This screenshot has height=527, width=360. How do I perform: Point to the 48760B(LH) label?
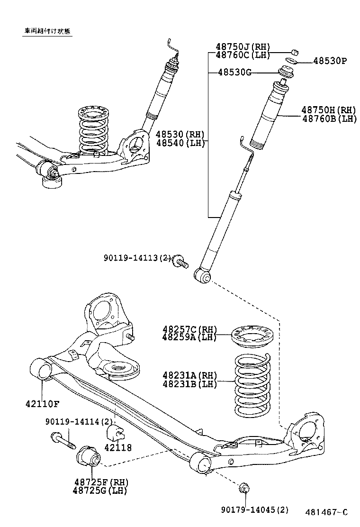coord(329,118)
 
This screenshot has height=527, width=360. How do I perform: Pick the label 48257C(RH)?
coord(189,329)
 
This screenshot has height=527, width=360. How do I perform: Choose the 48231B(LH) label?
coord(189,384)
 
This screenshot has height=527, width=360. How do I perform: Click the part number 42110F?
coord(42,404)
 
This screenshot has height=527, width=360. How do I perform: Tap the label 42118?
coord(118,447)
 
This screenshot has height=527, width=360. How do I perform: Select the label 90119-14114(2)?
coord(80,421)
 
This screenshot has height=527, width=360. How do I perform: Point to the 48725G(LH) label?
coord(100,491)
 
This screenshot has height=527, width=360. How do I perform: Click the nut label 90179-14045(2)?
coord(254,510)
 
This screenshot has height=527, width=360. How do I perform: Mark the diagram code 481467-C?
coord(326,512)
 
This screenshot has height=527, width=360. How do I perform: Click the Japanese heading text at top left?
coord(48,32)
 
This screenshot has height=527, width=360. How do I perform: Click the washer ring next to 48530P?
coord(292,61)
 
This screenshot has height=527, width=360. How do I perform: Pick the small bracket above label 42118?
coord(116,433)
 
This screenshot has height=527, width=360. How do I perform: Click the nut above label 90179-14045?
coord(245,488)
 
